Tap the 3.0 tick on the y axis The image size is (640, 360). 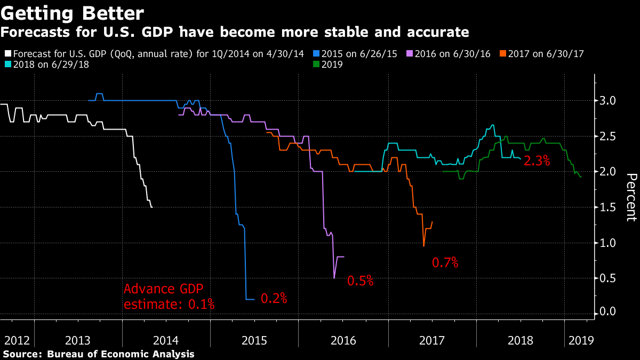[609, 101]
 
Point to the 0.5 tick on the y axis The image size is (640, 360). [609, 278]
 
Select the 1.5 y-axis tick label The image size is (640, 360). [609, 207]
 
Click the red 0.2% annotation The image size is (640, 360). [274, 299]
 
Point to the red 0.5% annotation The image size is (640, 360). [361, 281]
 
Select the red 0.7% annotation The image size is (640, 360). [445, 262]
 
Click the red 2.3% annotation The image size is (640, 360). [537, 160]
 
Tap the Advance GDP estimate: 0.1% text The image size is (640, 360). [169, 297]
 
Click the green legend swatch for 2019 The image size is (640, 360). [316, 65]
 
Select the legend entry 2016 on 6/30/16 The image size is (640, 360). [450, 54]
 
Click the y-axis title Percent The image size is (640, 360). [631, 197]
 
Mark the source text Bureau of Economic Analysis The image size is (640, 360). [121, 354]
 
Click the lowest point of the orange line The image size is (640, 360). [423, 245]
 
